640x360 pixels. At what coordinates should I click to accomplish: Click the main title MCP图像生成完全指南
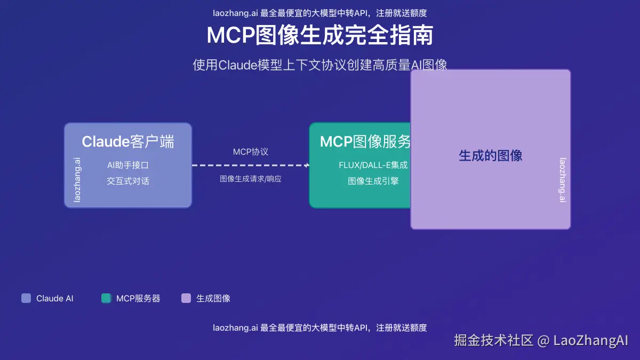(x=320, y=36)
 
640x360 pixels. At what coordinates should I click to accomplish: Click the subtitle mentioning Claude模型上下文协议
(x=320, y=65)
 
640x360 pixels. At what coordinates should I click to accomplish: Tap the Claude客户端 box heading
(x=128, y=142)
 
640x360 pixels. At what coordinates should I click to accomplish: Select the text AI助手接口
(x=128, y=165)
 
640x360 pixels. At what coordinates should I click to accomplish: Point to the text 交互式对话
(x=128, y=181)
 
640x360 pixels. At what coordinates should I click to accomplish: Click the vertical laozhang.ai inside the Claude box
(x=77, y=179)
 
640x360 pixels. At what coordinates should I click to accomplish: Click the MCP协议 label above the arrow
(x=251, y=152)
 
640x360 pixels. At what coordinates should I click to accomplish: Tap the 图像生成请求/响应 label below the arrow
(x=251, y=179)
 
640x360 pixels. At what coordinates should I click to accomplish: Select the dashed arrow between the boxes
(x=251, y=165)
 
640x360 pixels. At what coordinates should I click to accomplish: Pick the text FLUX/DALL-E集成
(x=373, y=165)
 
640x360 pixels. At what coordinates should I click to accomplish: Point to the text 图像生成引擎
(x=373, y=181)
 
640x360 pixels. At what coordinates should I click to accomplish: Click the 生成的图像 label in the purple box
(x=491, y=156)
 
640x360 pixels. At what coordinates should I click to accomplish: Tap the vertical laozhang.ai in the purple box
(x=563, y=180)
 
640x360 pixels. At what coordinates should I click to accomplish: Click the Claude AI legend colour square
(x=26, y=298)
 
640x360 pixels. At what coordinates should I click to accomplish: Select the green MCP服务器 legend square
(x=106, y=298)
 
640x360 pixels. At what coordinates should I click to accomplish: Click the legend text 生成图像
(x=213, y=299)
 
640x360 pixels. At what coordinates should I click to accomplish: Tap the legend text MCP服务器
(x=138, y=299)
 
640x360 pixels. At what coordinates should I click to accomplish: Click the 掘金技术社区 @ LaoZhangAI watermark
(x=541, y=340)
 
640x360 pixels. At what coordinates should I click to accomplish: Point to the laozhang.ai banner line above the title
(x=320, y=13)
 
